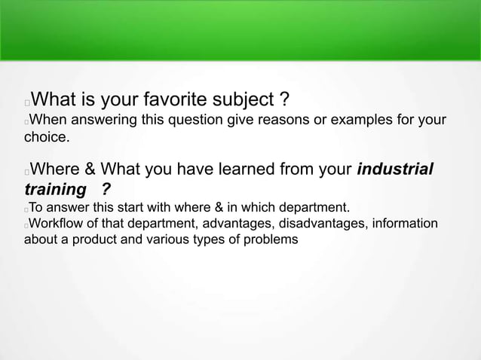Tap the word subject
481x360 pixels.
pos(241,99)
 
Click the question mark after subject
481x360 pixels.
pos(283,99)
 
